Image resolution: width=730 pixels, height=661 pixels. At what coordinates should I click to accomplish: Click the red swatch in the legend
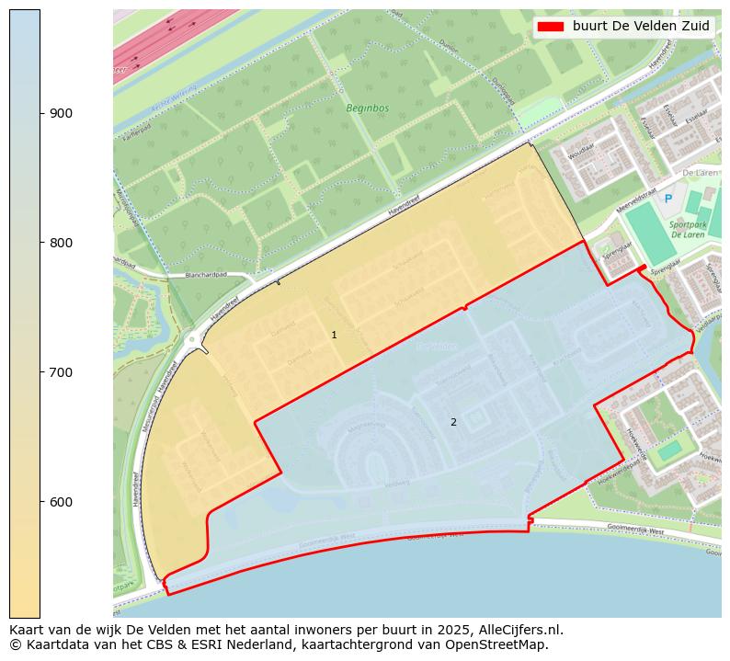coord(551,27)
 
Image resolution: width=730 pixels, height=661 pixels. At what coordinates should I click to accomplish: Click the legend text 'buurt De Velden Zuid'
coord(641,27)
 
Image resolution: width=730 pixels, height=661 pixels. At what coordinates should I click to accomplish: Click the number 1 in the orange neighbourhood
coord(334,336)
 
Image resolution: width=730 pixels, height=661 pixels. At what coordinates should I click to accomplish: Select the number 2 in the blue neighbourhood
coord(452,423)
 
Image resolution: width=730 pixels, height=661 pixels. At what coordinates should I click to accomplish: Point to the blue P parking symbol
coord(668,199)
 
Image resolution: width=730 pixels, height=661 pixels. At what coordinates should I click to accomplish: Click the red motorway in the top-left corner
coord(175,41)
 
